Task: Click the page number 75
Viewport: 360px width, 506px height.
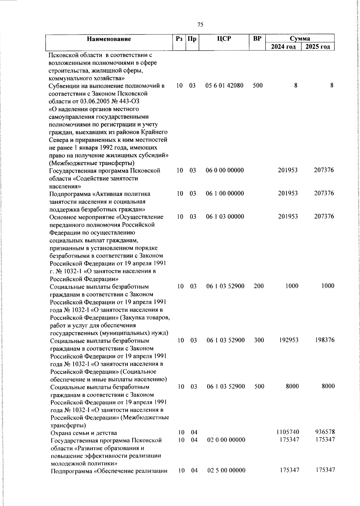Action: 200,25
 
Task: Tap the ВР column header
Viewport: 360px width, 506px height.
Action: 257,38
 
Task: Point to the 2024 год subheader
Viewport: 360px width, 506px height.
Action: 283,47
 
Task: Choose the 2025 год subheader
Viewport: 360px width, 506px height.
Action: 318,47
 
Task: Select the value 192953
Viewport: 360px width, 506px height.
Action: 289,340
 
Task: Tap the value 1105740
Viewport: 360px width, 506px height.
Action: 287,432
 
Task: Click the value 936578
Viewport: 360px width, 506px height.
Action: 325,432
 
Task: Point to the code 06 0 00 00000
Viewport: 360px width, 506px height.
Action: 225,170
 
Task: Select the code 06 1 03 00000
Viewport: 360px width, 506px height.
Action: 225,217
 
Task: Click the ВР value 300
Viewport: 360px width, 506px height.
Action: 259,340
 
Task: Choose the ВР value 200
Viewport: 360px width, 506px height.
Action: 259,286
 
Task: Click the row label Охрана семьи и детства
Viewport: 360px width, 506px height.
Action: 84,433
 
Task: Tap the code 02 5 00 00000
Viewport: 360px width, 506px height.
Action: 226,470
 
